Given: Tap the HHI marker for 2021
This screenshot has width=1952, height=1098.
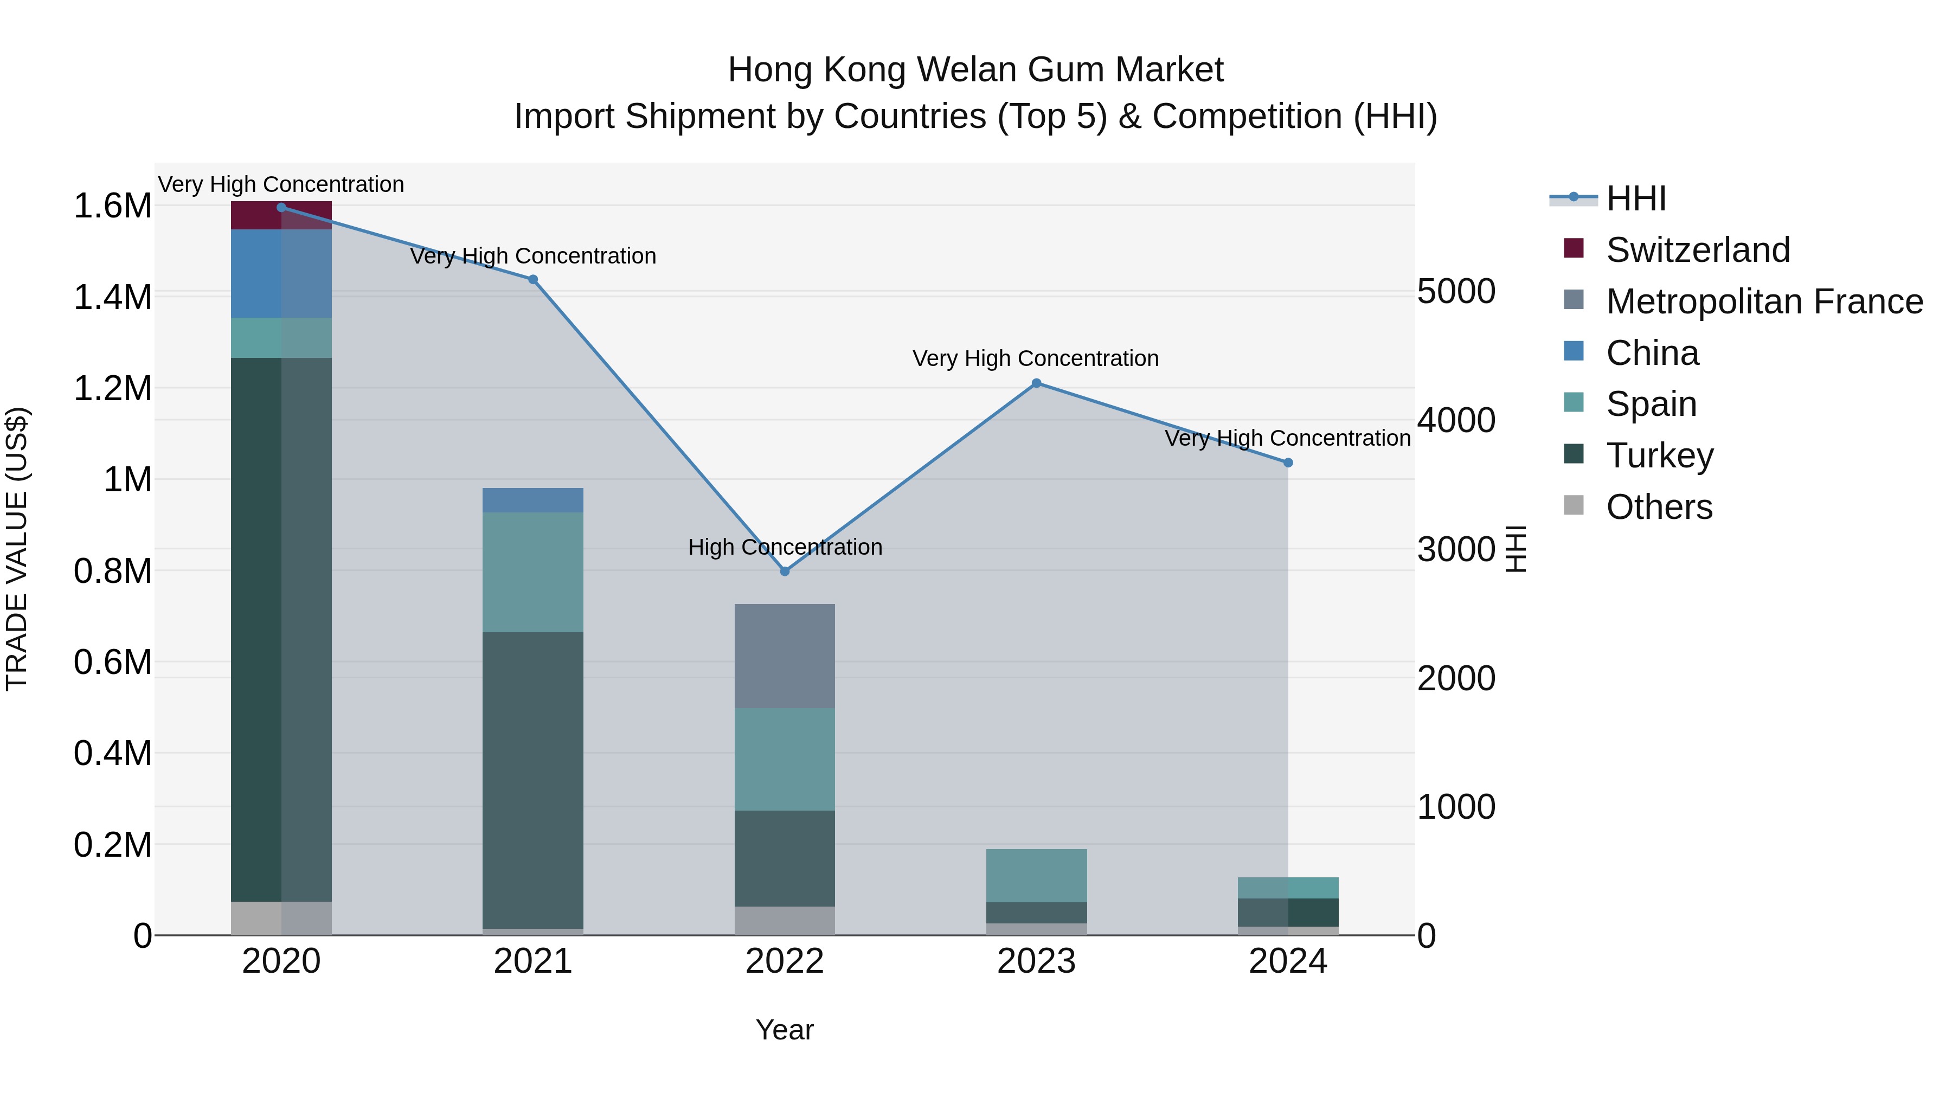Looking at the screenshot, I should [x=532, y=280].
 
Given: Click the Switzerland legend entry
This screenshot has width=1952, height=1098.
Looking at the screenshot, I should [x=1697, y=250].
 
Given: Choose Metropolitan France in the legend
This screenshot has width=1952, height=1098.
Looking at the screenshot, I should [x=1764, y=301].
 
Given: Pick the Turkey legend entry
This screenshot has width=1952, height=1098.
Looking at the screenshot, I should [x=1660, y=455].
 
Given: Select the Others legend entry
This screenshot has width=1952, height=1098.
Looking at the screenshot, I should [x=1659, y=507].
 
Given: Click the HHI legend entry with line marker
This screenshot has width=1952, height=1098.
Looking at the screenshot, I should [x=1635, y=198].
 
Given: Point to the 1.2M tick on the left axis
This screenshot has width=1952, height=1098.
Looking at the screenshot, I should [x=112, y=389].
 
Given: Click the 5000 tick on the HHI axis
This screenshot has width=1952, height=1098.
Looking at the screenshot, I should [x=1456, y=292].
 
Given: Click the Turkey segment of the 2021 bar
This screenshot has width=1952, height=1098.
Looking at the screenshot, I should [x=532, y=780].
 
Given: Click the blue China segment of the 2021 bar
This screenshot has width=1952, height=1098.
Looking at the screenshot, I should [x=532, y=500].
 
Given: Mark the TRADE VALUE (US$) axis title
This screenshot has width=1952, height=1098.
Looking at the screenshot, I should [x=17, y=549].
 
